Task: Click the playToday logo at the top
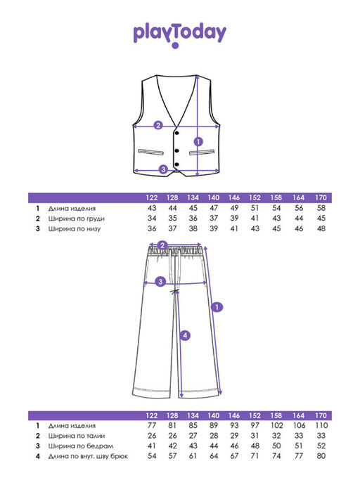[180, 35]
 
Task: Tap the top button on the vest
[176, 132]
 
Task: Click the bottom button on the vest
[176, 164]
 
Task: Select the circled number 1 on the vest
[198, 142]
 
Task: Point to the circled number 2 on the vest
[158, 125]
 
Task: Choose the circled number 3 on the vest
[163, 169]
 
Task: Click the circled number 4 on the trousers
[185, 335]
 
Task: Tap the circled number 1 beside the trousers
[217, 307]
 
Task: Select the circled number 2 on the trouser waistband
[162, 245]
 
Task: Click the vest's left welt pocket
[150, 152]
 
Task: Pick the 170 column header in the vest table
[321, 197]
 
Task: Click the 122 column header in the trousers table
[152, 415]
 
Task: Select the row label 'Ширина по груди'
[77, 219]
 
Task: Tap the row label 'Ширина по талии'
[77, 436]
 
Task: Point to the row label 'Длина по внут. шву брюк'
[88, 456]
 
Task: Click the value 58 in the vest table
[321, 208]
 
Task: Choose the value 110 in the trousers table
[321, 425]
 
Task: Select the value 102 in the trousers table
[276, 425]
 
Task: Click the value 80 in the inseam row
[321, 456]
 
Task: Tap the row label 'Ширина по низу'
[75, 228]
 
